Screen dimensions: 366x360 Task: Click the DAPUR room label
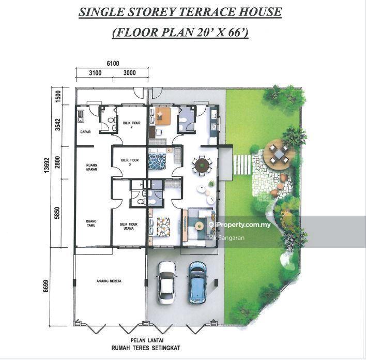click(85, 132)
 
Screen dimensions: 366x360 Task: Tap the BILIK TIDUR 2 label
click(132, 125)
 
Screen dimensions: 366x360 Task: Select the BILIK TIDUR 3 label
click(130, 162)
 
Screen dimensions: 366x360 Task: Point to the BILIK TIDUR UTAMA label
click(129, 227)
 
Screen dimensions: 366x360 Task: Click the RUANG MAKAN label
click(91, 167)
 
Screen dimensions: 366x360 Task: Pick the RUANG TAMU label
click(91, 223)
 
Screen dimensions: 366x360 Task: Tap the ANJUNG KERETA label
click(109, 281)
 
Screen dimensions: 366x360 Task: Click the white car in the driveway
click(167, 282)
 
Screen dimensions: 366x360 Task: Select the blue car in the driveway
click(197, 282)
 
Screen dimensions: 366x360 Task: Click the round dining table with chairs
click(202, 166)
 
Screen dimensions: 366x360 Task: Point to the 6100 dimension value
click(113, 63)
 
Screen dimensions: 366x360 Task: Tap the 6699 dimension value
click(45, 286)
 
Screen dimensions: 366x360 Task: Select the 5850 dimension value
click(57, 213)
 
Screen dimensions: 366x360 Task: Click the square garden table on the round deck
click(279, 154)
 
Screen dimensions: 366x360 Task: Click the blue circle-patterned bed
click(157, 161)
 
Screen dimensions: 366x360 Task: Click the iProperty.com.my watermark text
click(240, 224)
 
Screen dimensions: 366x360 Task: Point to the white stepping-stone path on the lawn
click(242, 164)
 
